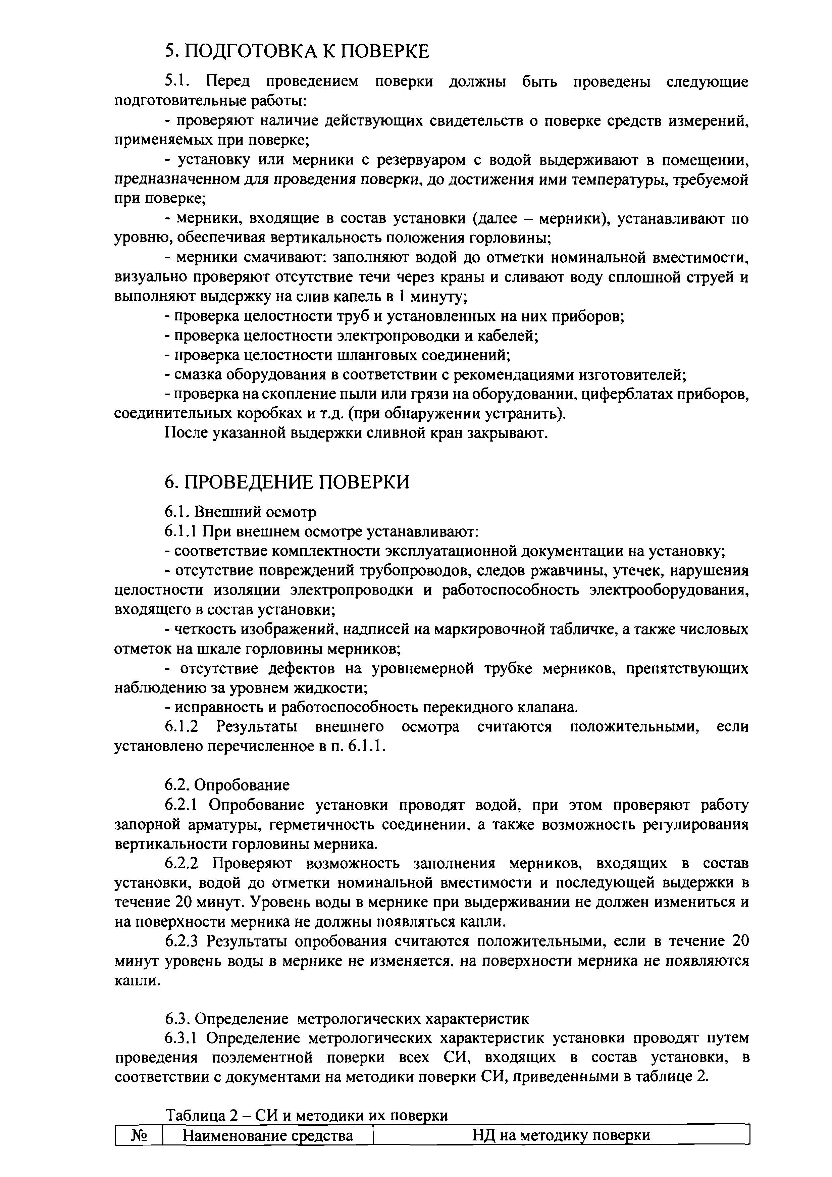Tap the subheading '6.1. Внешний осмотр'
[x=241, y=512]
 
